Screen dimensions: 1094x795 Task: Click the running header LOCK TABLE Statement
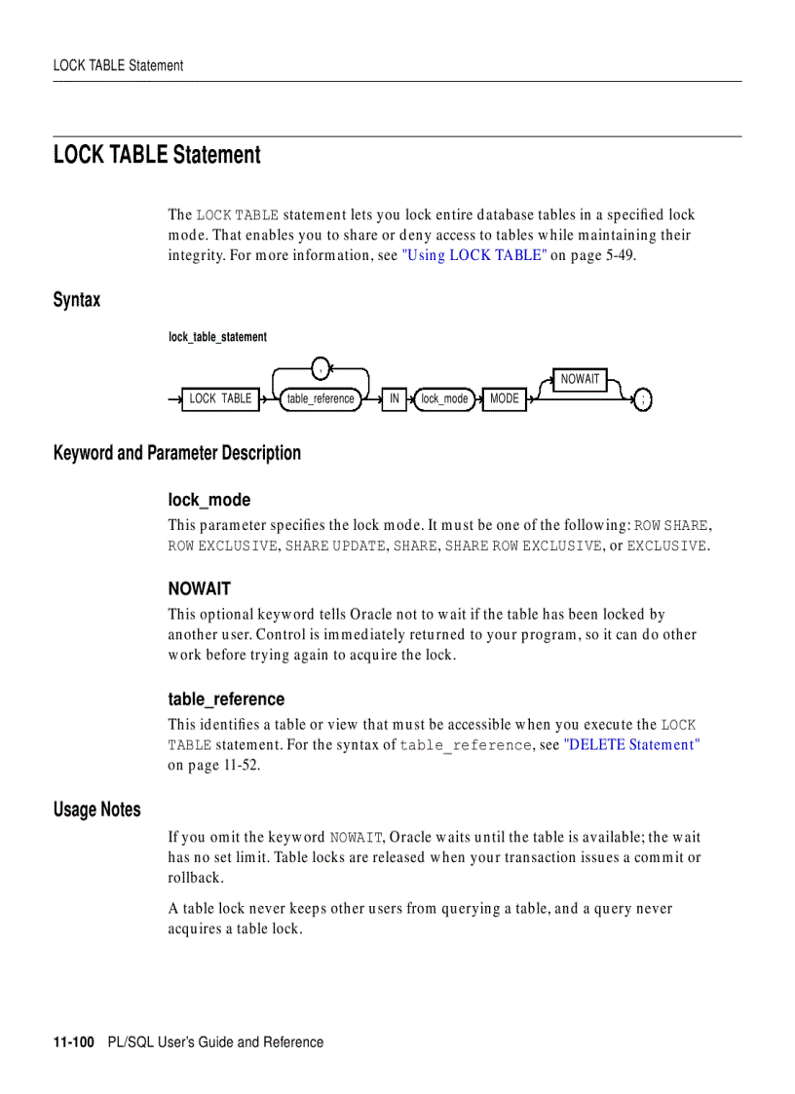click(x=118, y=66)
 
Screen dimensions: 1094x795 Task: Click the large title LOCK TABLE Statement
click(x=157, y=155)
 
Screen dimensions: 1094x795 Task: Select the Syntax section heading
click(x=77, y=300)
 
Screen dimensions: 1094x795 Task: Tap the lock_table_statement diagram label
click(x=217, y=337)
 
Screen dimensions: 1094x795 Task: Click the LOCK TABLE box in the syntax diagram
click(x=220, y=398)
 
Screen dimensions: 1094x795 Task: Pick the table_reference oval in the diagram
click(x=321, y=398)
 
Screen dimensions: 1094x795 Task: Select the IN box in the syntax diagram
click(x=394, y=398)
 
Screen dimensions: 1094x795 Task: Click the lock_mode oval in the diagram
click(x=444, y=398)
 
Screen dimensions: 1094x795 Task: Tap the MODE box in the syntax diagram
click(x=505, y=398)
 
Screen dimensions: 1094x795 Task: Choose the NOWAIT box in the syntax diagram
click(x=581, y=379)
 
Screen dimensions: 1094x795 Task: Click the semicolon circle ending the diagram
click(x=643, y=398)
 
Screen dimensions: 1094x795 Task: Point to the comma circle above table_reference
click(x=321, y=368)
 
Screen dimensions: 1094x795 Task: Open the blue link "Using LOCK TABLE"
click(x=474, y=255)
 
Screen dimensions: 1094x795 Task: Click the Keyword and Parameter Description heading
click(x=177, y=453)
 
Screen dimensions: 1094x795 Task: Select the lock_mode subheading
click(x=209, y=500)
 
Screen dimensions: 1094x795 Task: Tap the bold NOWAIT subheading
click(x=199, y=588)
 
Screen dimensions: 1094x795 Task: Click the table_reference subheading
click(x=226, y=699)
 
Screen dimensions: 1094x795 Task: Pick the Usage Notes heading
click(x=97, y=810)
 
